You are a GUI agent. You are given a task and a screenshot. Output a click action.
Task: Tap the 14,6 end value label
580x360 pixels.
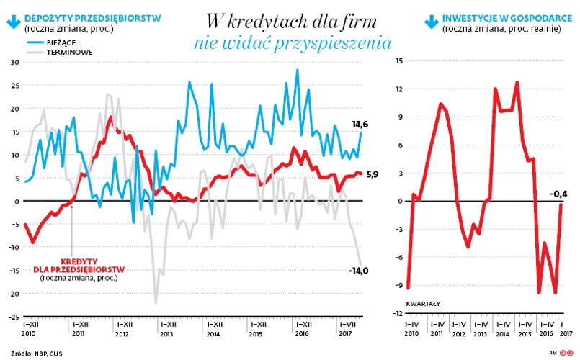[x=360, y=125]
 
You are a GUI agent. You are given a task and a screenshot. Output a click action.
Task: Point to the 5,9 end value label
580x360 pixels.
[x=372, y=174]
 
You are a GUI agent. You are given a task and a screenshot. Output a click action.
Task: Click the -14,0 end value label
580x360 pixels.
[x=358, y=271]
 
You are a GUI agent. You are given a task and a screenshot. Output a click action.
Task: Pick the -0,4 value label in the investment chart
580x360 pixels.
[x=559, y=193]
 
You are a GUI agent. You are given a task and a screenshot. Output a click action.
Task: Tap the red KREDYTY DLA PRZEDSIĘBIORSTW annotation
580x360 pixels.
[x=79, y=264]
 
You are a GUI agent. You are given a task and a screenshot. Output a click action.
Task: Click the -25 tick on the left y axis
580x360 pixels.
[x=14, y=317]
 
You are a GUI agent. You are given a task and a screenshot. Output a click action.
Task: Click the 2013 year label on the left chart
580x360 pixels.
[x=166, y=334]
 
